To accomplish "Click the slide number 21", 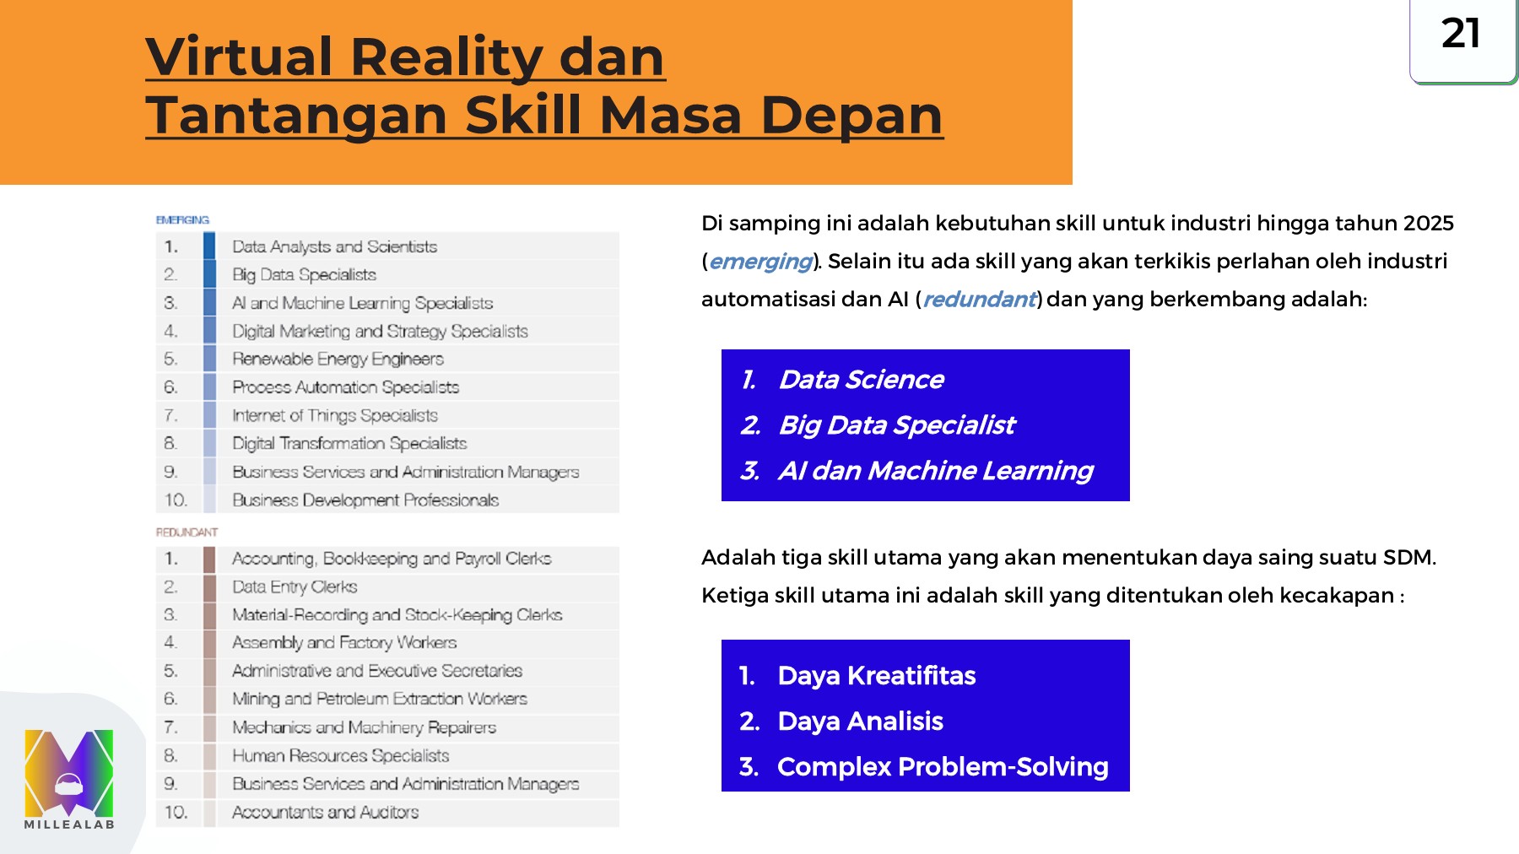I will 1461,34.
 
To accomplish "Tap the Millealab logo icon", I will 69,772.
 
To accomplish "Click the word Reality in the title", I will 446,57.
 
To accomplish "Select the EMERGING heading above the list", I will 182,220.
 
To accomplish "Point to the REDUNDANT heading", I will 186,532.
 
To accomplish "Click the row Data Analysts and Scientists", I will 334,246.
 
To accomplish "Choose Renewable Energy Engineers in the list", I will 338,359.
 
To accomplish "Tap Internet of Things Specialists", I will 335,415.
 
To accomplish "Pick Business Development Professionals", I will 365,500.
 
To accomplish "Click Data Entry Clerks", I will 295,586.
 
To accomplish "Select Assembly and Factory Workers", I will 344,642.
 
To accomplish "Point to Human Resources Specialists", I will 340,755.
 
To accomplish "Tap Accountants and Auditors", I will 325,812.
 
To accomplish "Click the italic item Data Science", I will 861,380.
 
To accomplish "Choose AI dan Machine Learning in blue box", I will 935,470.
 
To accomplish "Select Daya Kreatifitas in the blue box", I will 876,676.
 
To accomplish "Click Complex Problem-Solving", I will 943,766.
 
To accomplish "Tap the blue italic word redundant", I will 979,300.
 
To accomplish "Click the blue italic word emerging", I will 760,262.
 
